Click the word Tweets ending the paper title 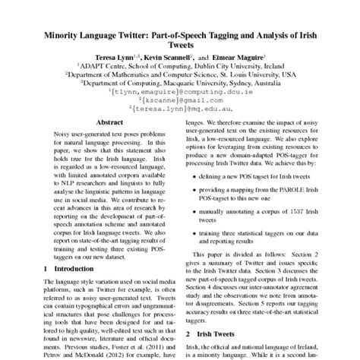(x=180, y=46)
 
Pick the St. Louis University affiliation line (x=180, y=75)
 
